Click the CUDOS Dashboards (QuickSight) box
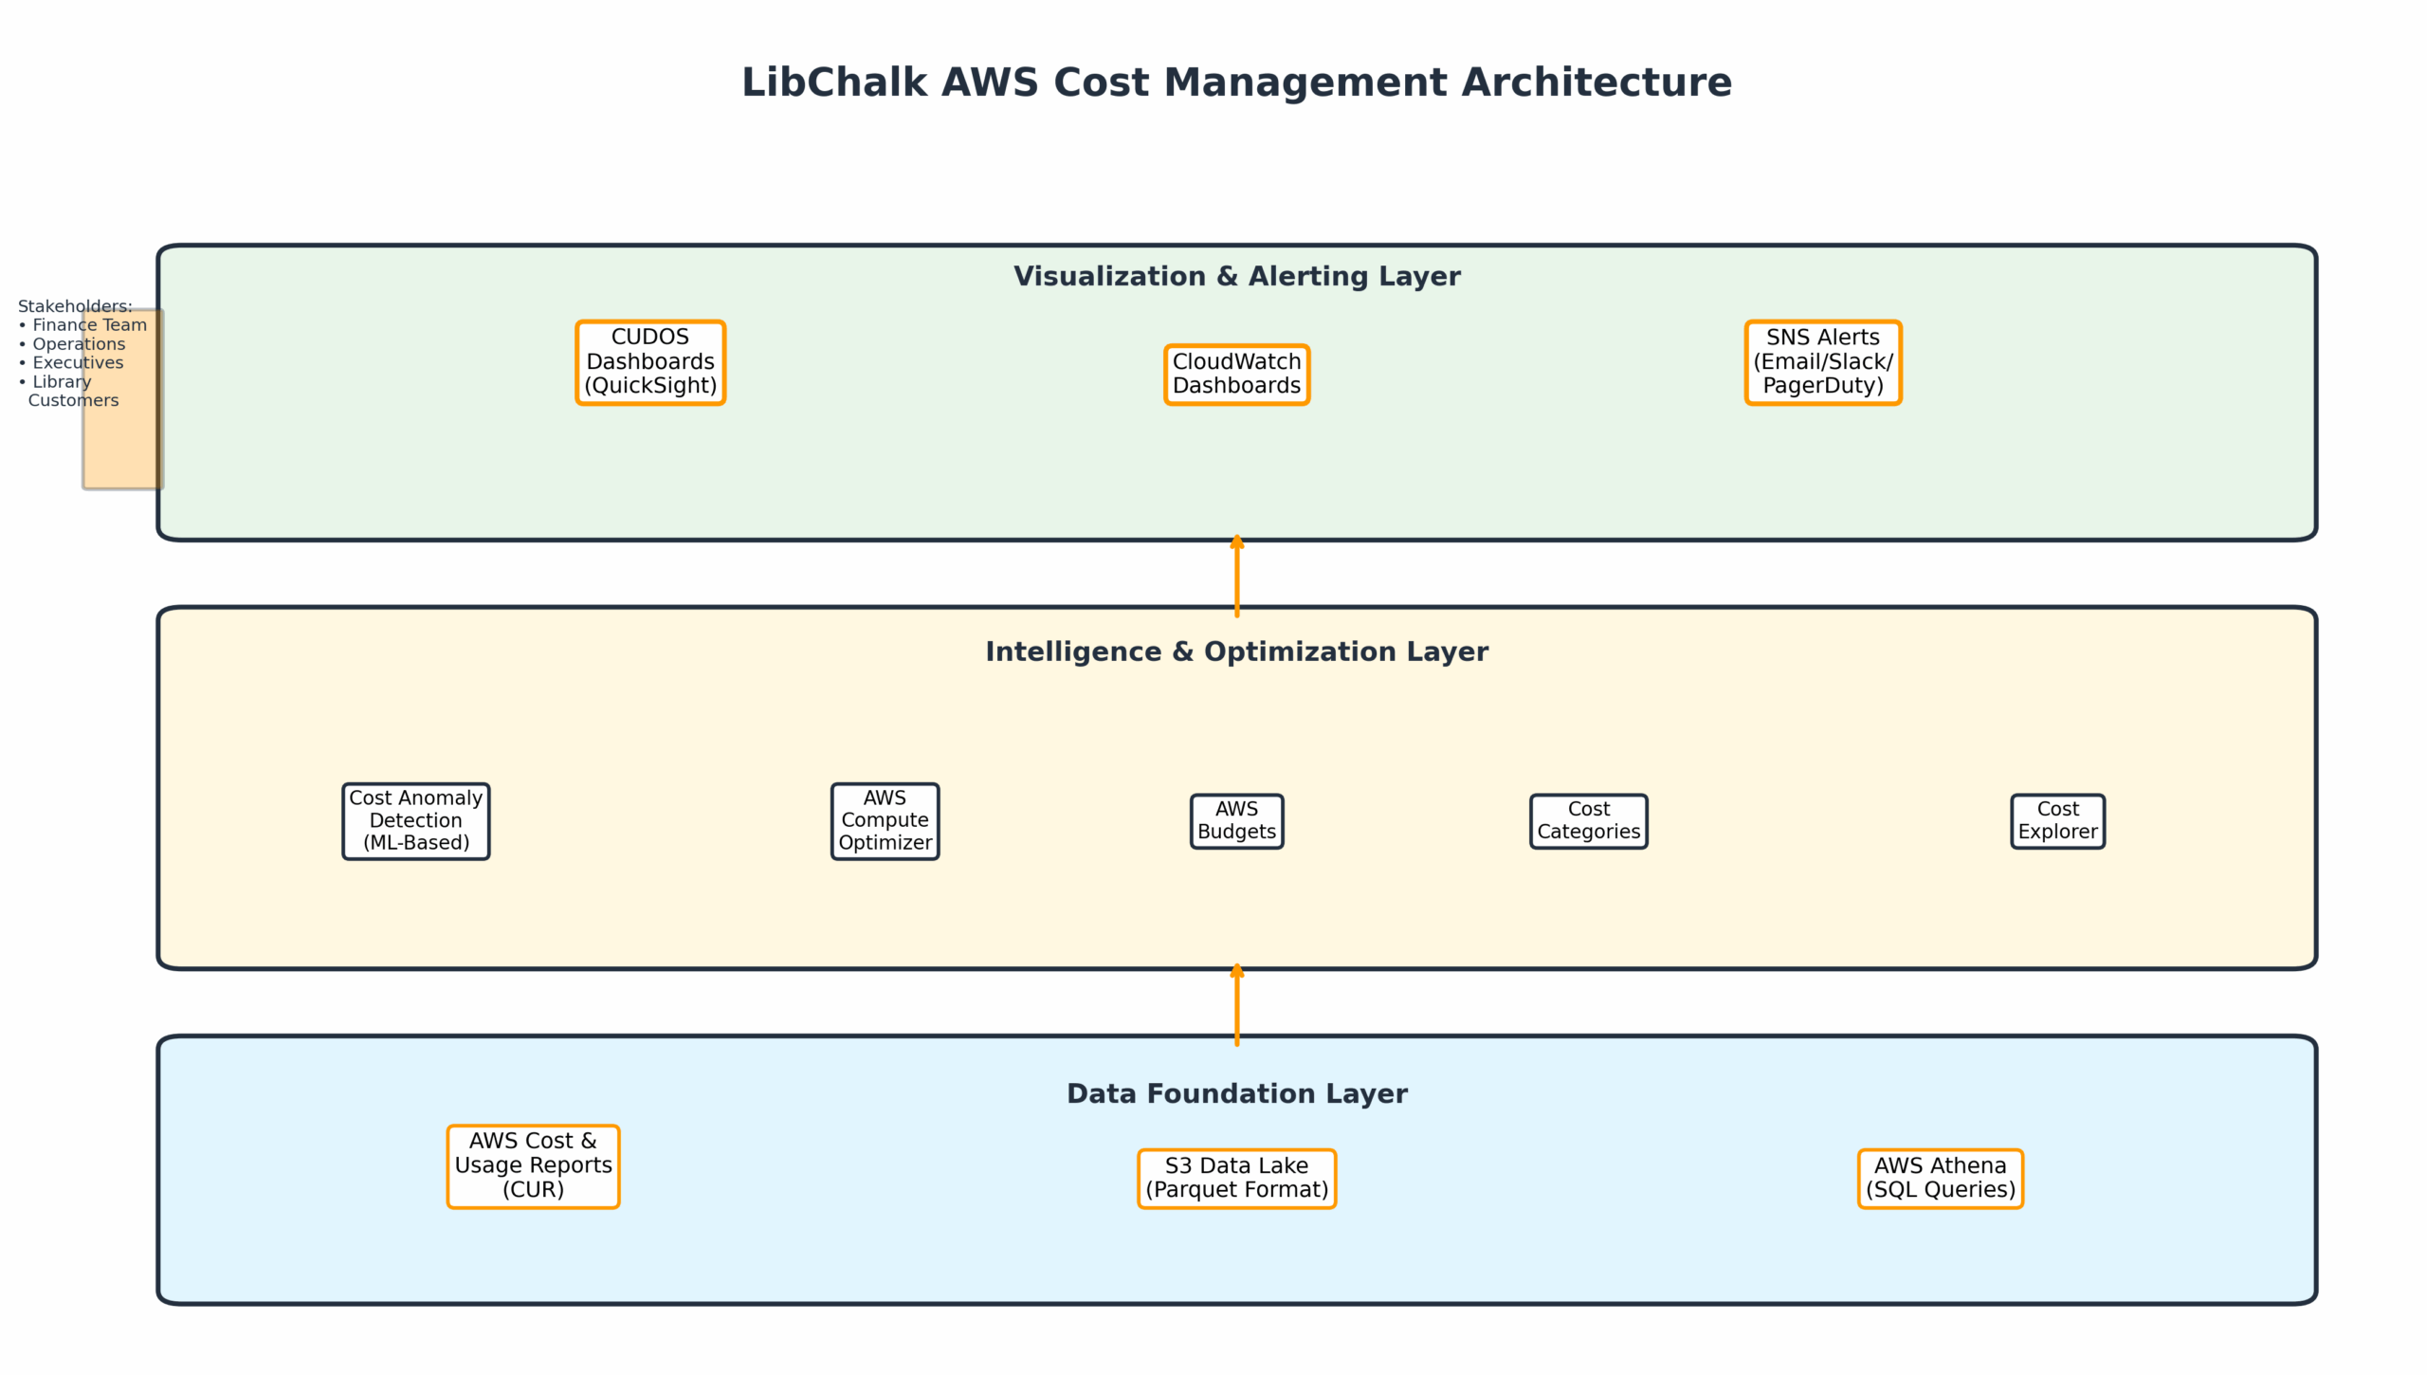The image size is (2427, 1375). [650, 362]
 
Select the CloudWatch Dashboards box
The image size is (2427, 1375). [1236, 375]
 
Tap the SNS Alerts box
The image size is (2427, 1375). [1822, 362]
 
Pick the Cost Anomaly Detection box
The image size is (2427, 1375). [416, 821]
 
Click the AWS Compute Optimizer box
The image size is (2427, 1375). [885, 821]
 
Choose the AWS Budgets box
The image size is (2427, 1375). [1236, 821]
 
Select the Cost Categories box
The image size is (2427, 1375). [1588, 821]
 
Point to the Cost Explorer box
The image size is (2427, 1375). [2057, 821]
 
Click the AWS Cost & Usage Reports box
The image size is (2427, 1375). [533, 1166]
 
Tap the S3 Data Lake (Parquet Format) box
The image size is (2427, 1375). [1236, 1179]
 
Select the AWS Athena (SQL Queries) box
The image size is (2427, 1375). [1940, 1179]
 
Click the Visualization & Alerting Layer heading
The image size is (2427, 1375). [1236, 277]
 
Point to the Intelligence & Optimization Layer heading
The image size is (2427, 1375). [1236, 652]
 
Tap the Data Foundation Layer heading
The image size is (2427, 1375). [1236, 1094]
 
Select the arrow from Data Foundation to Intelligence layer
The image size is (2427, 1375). [1236, 1005]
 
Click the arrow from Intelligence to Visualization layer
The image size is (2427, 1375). [1236, 577]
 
